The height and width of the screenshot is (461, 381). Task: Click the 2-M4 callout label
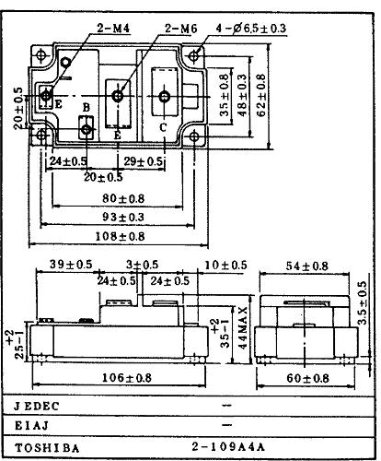coord(113,29)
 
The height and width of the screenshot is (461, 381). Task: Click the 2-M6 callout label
coord(180,29)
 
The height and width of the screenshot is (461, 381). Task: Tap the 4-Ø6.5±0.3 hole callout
coord(251,29)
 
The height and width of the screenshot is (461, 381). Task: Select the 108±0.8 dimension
coord(120,237)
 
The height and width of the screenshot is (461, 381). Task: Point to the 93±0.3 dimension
coord(123,218)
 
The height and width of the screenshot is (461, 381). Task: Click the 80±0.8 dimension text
coord(123,198)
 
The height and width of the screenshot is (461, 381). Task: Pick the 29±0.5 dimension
coord(143,161)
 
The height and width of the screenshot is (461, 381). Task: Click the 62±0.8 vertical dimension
coord(260,96)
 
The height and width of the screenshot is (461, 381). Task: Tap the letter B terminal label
coord(87,108)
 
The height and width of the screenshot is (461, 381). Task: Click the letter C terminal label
coord(163,127)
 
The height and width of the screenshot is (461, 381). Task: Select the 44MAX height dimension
coord(242,327)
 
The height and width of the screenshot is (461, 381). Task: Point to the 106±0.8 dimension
coord(126,378)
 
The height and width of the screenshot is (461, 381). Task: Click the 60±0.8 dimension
coord(307,378)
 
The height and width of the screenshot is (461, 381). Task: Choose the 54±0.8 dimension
coord(307,266)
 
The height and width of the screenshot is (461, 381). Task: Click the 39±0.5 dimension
coord(71,265)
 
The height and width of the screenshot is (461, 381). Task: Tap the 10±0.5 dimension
coord(225,265)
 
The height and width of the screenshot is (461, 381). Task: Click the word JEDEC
coord(36,407)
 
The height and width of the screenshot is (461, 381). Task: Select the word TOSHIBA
coord(47,448)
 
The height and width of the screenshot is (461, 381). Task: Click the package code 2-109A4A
coord(228,446)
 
